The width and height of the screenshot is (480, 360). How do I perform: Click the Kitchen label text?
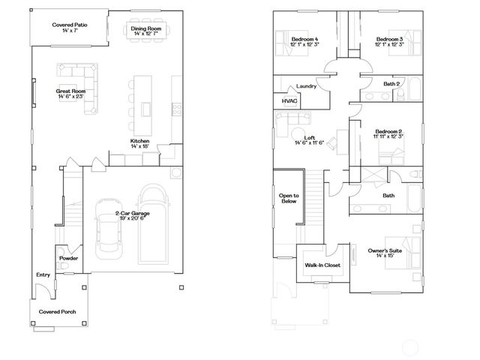(140, 141)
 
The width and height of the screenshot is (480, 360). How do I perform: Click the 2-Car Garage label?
(132, 214)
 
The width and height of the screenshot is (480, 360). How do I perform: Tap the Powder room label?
(69, 257)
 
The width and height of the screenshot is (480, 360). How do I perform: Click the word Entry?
(43, 275)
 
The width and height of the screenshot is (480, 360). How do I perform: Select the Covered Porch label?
(58, 310)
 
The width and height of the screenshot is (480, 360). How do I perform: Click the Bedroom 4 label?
(305, 39)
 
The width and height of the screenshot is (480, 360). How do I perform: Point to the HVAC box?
(289, 100)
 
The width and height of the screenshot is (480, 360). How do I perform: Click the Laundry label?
(306, 86)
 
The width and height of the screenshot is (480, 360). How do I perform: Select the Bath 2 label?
(391, 84)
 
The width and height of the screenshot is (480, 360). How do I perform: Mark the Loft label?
(289, 137)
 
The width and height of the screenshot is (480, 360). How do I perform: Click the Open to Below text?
(289, 199)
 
